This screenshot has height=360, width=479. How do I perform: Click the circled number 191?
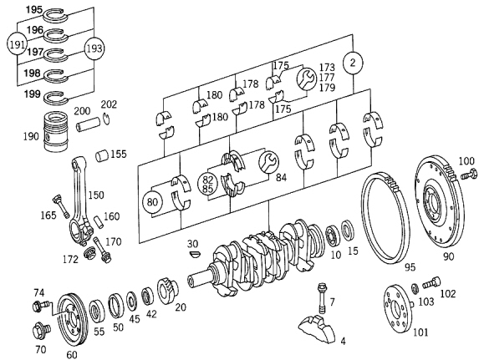click(x=17, y=45)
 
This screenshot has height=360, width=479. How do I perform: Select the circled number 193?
click(x=94, y=48)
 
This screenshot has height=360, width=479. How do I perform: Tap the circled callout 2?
click(x=353, y=63)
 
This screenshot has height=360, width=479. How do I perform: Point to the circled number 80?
click(x=152, y=202)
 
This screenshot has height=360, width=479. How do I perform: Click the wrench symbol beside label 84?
click(x=268, y=161)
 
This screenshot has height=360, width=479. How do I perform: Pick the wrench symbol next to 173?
click(x=307, y=79)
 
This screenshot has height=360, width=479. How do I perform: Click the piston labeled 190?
click(x=56, y=131)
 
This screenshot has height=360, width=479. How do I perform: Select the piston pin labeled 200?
click(x=89, y=124)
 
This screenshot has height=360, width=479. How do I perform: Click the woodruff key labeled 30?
click(x=194, y=254)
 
